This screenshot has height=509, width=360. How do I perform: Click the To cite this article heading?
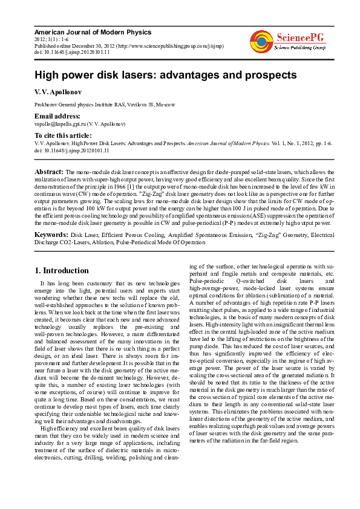(x=63, y=135)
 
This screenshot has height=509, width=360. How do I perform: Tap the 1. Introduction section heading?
(x=62, y=270)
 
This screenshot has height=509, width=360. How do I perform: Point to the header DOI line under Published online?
(x=72, y=52)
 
